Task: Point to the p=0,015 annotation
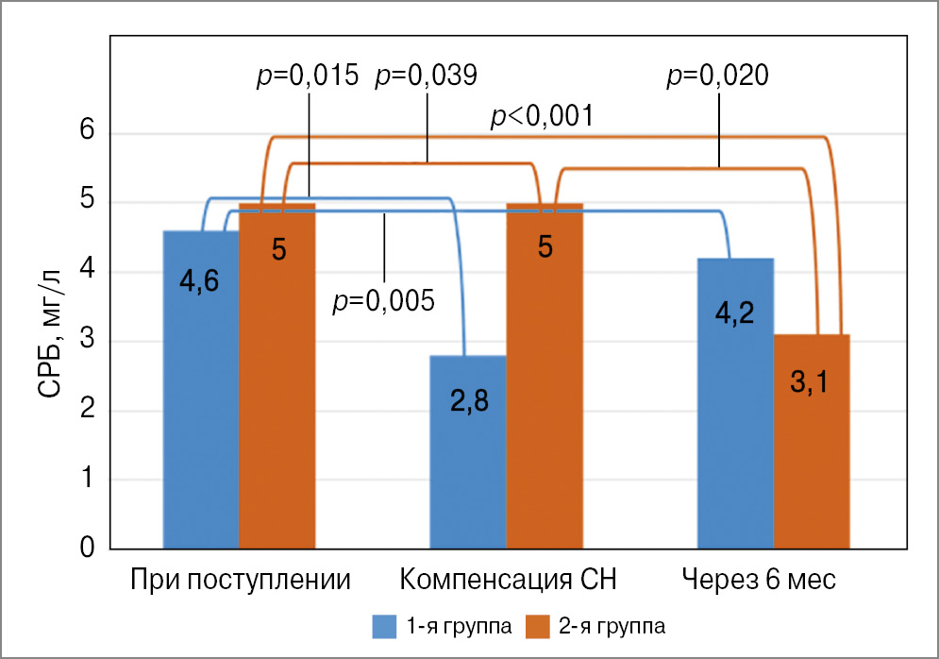pyautogui.click(x=308, y=76)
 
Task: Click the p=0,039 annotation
pyautogui.click(x=427, y=76)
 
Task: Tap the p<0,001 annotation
pyautogui.click(x=542, y=117)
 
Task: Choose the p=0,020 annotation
pyautogui.click(x=717, y=76)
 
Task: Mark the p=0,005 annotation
pyautogui.click(x=384, y=301)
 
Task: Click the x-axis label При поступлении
pyautogui.click(x=241, y=579)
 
